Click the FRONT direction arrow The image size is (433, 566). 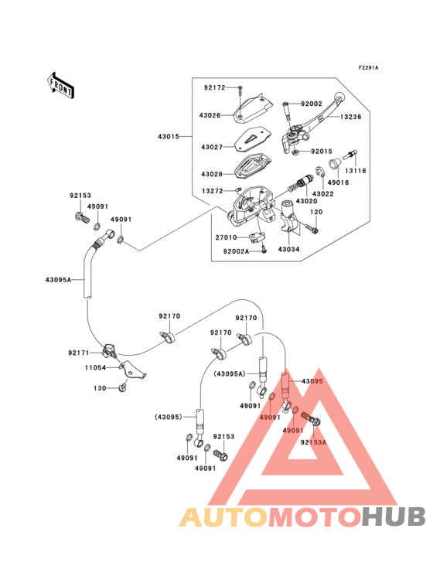(61, 86)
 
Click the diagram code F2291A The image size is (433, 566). (368, 67)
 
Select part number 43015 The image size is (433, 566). (169, 136)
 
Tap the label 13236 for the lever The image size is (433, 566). (351, 117)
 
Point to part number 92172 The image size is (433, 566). (215, 87)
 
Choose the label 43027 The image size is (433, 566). (212, 147)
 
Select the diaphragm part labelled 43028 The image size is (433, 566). (253, 166)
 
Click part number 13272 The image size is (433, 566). (213, 190)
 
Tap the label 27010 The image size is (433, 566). (227, 237)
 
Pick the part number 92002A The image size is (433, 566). (237, 251)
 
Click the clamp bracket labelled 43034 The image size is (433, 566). (289, 216)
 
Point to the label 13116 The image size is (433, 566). (356, 171)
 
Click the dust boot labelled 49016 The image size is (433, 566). (333, 163)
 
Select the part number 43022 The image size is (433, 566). (323, 194)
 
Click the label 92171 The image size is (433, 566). (79, 353)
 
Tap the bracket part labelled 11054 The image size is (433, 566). (133, 370)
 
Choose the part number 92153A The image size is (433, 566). (314, 442)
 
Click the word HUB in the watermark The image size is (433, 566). (394, 517)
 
